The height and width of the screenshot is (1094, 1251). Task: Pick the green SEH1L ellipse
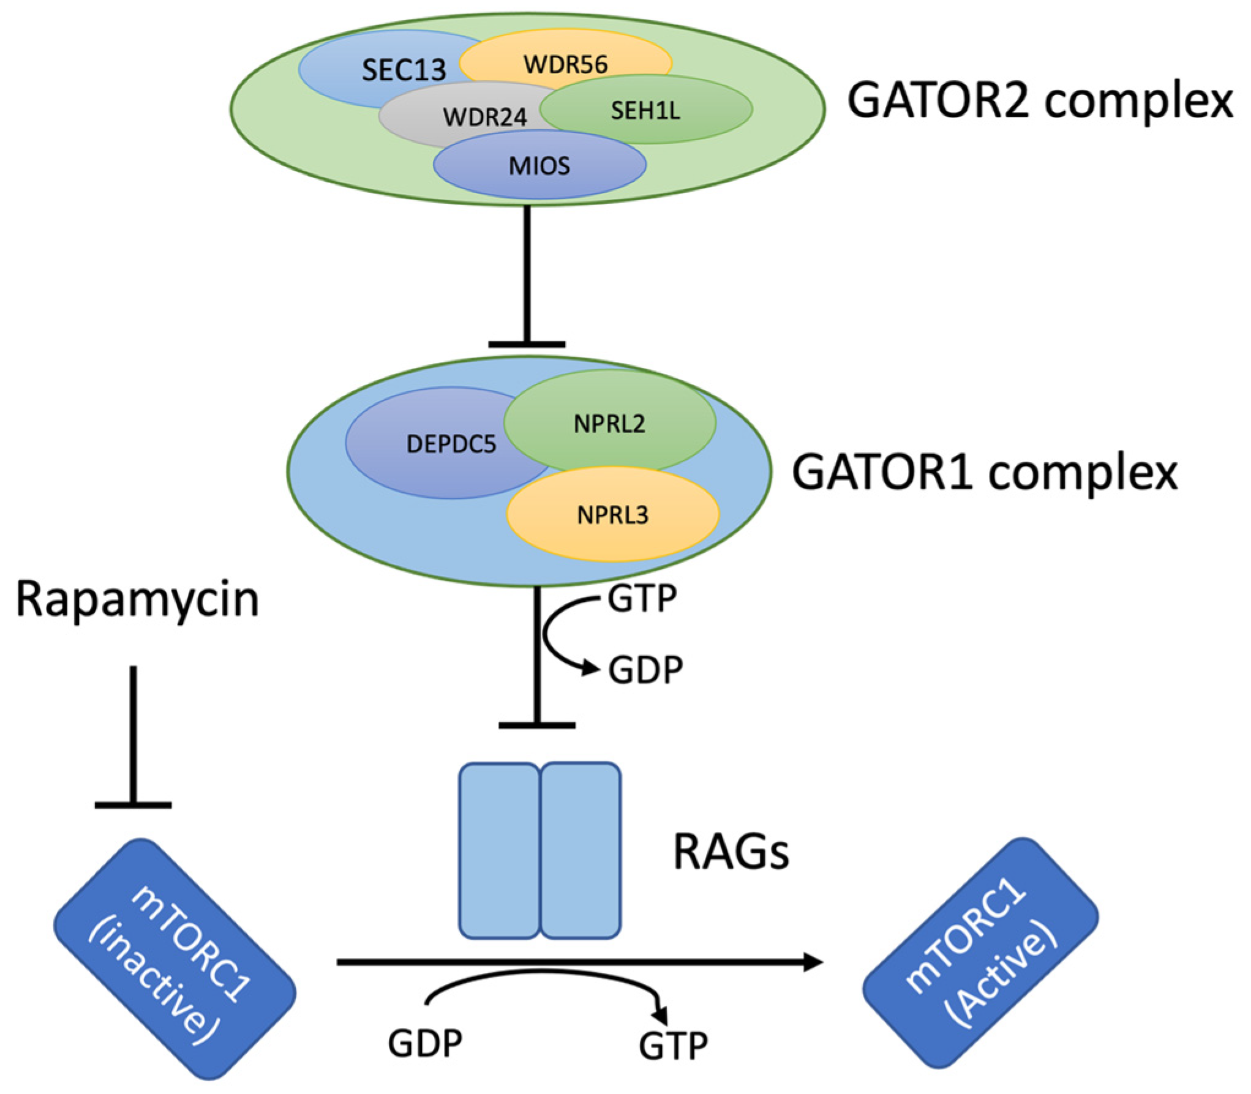646,111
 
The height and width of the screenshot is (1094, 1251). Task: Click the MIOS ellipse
539,166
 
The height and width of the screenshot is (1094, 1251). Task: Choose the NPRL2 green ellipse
610,423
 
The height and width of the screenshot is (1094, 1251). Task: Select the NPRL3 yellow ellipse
613,515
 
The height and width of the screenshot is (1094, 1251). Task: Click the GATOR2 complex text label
1039,101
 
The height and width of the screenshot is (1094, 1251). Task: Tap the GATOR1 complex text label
984,473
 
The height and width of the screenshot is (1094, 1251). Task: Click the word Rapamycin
137,599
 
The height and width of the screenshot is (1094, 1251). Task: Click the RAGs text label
731,852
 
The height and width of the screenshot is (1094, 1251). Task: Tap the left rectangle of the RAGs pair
499,850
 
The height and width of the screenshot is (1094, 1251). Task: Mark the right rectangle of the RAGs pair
581,850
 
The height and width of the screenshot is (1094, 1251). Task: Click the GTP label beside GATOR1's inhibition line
642,598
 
